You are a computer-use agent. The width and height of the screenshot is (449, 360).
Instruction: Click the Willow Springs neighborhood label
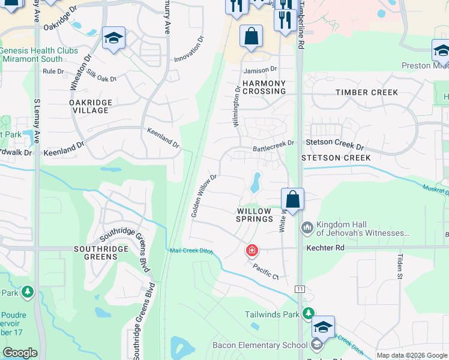255,215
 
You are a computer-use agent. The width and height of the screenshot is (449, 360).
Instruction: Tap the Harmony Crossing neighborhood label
264,87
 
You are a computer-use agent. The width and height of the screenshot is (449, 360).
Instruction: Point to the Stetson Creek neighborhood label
336,158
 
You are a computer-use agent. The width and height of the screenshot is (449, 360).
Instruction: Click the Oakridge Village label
91,107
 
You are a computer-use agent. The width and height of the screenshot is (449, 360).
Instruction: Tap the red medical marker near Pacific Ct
252,250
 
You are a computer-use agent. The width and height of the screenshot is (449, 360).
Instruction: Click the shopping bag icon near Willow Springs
292,199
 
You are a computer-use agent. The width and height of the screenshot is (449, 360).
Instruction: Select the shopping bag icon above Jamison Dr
251,37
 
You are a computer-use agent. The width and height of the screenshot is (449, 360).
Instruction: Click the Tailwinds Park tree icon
308,314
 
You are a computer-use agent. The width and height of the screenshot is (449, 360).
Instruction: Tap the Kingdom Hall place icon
307,227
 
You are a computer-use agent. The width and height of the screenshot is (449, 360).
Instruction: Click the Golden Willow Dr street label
203,196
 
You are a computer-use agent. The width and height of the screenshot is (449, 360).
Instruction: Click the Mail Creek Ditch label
192,251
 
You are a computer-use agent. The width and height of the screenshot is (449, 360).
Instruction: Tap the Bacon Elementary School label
260,345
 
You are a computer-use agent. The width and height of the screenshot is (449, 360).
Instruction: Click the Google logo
20,352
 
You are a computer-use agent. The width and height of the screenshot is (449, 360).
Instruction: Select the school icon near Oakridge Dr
113,38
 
